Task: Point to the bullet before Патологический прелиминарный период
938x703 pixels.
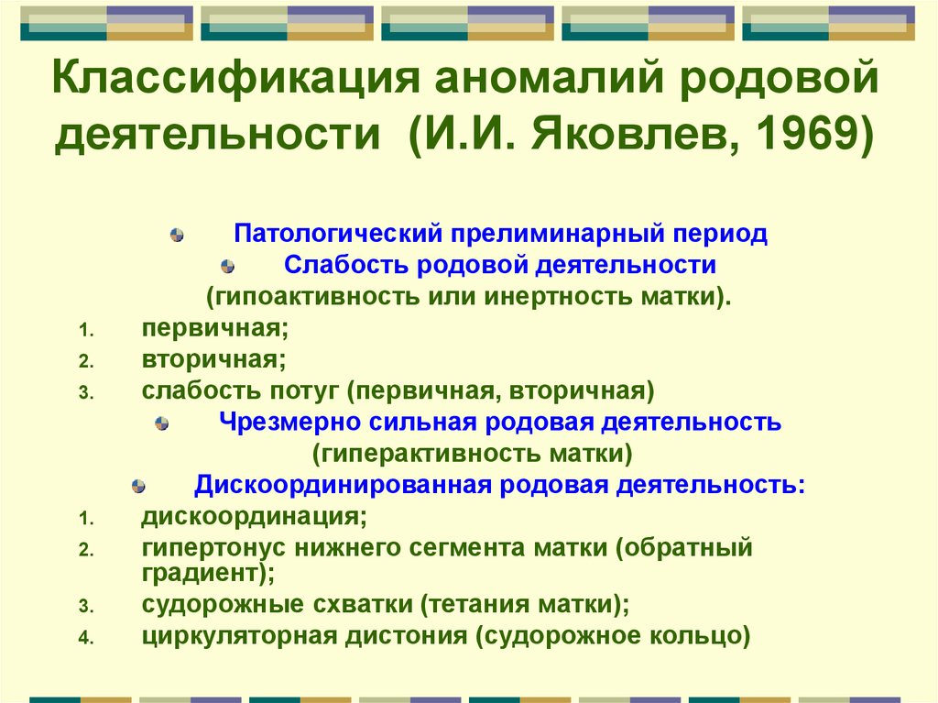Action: [x=177, y=235]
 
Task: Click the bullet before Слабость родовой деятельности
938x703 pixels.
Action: [x=227, y=266]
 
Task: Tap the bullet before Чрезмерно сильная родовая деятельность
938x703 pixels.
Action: [x=161, y=423]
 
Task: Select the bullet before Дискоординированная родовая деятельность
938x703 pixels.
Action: [x=138, y=486]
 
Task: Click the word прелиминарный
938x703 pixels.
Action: [x=558, y=234]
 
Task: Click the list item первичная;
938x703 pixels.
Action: [x=215, y=328]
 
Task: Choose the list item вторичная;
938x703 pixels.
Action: [x=214, y=359]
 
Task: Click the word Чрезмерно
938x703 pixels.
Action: [x=289, y=423]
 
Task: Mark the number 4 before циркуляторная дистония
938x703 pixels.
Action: [x=86, y=637]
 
